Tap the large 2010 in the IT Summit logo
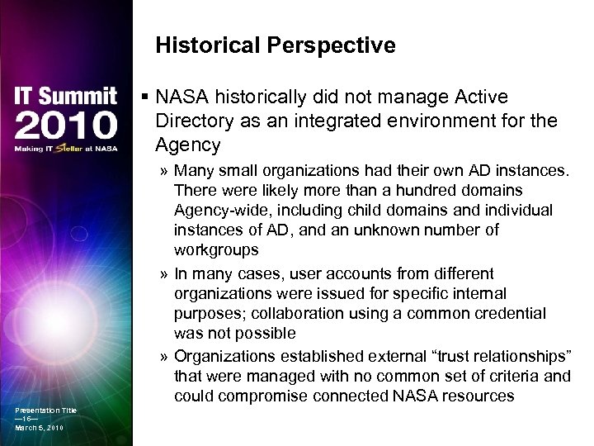tap(66, 125)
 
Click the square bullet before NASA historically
tap(146, 98)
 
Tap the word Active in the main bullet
tap(479, 98)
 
